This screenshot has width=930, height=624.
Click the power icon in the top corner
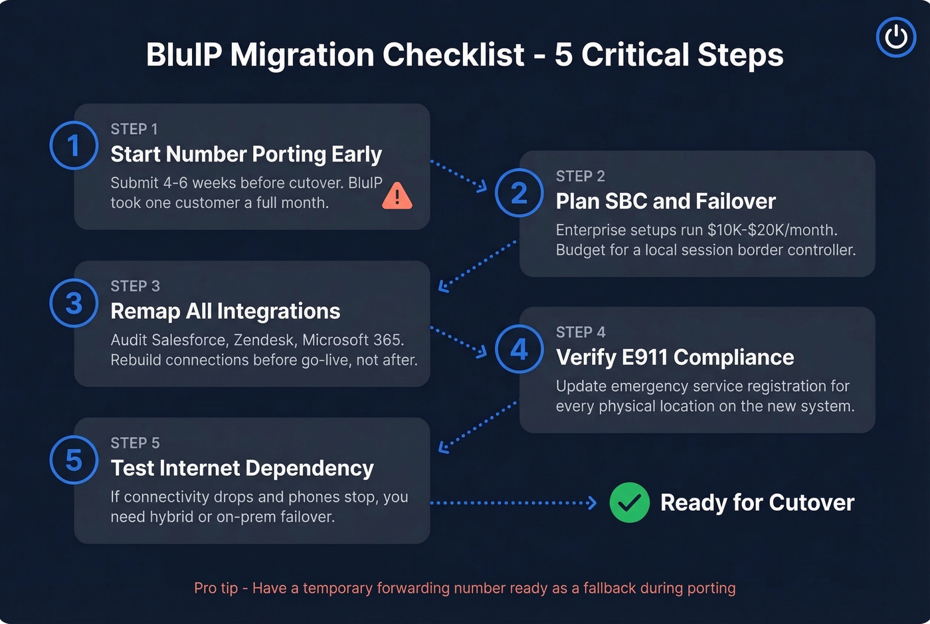point(895,37)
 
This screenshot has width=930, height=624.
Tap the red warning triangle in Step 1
point(397,196)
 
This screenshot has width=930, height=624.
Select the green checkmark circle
point(629,502)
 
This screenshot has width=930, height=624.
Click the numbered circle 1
point(74,146)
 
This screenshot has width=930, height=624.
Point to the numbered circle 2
point(519,193)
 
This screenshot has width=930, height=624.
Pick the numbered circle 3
point(74,303)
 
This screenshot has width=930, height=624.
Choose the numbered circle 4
point(519,349)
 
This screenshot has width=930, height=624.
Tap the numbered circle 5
point(74,460)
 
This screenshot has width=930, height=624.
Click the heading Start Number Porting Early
point(246,154)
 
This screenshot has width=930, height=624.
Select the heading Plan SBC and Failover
point(665,201)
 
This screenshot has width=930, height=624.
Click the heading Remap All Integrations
point(225,311)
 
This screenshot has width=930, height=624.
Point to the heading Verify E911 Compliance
point(674,358)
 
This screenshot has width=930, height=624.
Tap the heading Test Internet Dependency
point(242,468)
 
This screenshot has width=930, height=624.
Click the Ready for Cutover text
point(757,503)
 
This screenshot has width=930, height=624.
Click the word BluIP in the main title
point(184,54)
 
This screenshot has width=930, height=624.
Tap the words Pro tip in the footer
point(216,588)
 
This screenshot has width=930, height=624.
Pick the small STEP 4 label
point(581,332)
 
